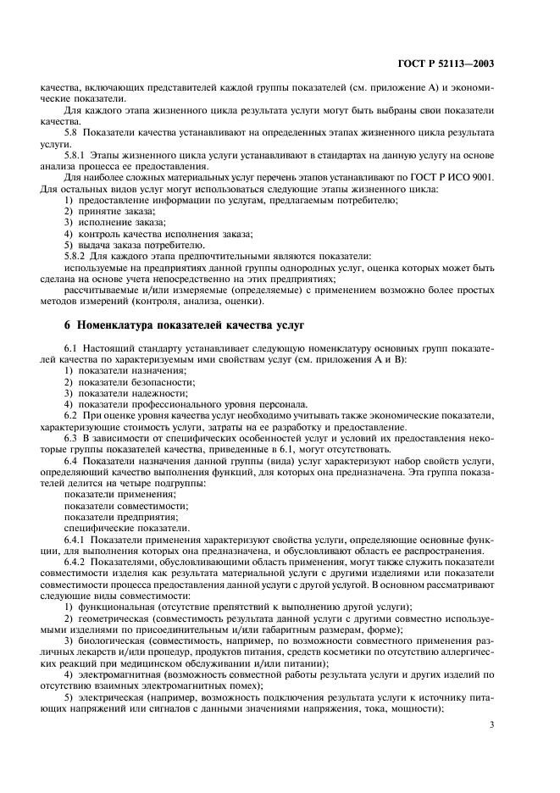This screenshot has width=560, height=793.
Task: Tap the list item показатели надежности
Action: [x=128, y=392]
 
